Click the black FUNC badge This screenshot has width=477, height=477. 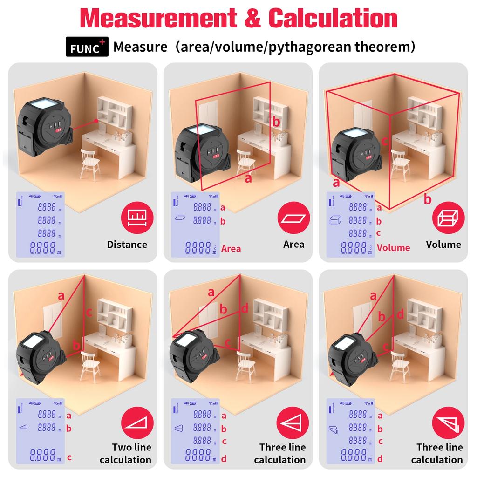click(x=87, y=48)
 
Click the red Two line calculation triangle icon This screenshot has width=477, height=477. click(x=136, y=422)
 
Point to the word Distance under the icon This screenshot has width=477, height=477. click(x=127, y=245)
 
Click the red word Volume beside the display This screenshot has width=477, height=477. click(x=393, y=247)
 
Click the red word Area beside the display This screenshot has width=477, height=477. click(x=231, y=249)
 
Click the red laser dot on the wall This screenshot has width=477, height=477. click(x=96, y=121)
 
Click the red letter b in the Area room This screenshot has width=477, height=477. click(x=276, y=122)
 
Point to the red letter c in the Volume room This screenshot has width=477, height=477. click(x=385, y=140)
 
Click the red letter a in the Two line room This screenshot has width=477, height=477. click(x=61, y=295)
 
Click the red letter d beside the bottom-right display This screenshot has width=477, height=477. click(x=380, y=459)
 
